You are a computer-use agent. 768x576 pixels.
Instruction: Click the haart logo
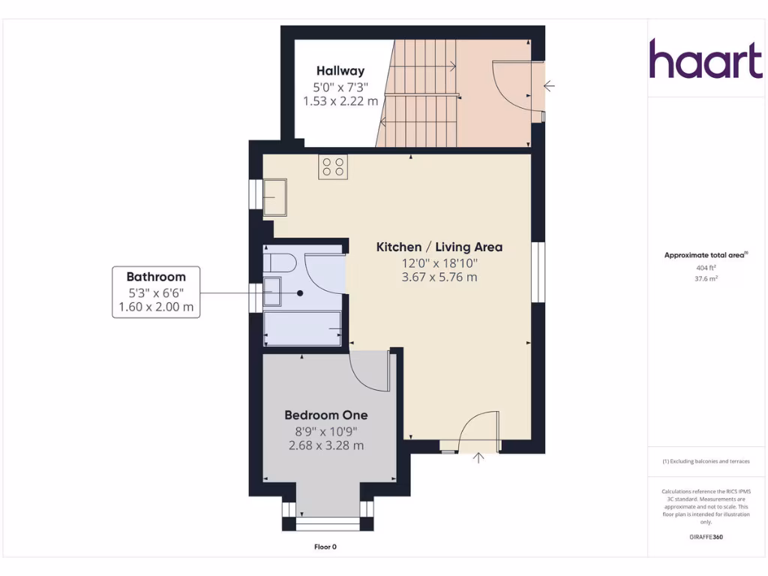click(x=705, y=59)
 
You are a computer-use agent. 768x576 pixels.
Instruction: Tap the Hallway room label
click(x=340, y=70)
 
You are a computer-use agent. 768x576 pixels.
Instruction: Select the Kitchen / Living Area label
click(x=439, y=247)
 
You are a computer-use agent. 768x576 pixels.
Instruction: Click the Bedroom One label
click(x=325, y=415)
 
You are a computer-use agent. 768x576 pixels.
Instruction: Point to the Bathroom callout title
click(x=156, y=277)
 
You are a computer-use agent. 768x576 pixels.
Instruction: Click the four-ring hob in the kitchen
click(x=333, y=166)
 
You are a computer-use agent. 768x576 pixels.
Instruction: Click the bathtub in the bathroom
click(x=302, y=328)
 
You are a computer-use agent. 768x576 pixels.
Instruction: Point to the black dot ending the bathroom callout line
click(x=300, y=293)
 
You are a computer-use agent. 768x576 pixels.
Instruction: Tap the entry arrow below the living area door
click(x=479, y=457)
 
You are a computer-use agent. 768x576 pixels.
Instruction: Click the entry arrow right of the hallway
click(x=549, y=86)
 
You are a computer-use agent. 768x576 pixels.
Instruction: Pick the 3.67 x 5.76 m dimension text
click(x=439, y=277)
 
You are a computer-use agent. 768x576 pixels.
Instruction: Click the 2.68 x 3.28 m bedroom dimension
click(x=325, y=445)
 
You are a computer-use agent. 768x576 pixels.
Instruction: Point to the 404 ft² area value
click(x=705, y=267)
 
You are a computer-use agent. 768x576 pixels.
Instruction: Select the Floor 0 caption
click(x=325, y=547)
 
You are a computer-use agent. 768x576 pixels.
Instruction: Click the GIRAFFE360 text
click(x=705, y=537)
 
